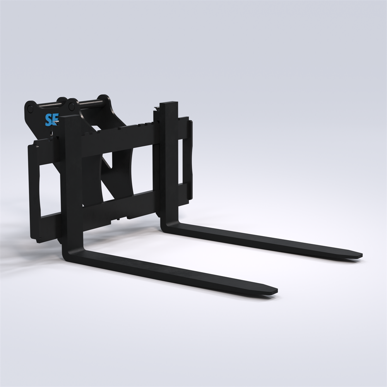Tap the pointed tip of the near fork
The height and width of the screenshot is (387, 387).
tap(277, 291)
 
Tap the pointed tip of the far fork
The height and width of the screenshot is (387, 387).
tap(362, 255)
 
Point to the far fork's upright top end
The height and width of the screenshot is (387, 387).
tap(169, 104)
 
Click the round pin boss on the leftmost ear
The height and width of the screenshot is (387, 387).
tap(30, 109)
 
